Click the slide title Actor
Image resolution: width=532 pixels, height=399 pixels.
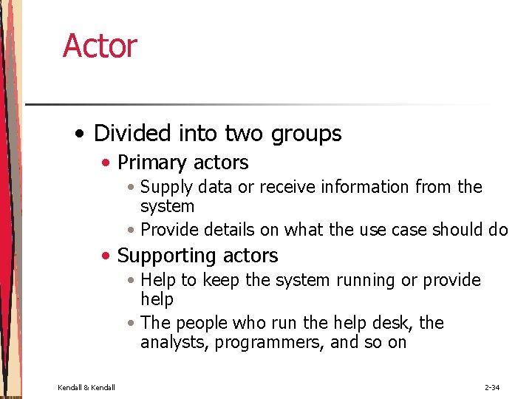click(x=100, y=46)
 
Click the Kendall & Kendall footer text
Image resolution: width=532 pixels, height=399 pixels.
click(x=86, y=387)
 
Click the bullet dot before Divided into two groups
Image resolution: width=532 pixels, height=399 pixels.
click(x=78, y=134)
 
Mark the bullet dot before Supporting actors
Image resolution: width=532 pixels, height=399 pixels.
click(x=107, y=256)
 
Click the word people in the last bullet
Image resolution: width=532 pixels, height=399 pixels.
click(x=200, y=324)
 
